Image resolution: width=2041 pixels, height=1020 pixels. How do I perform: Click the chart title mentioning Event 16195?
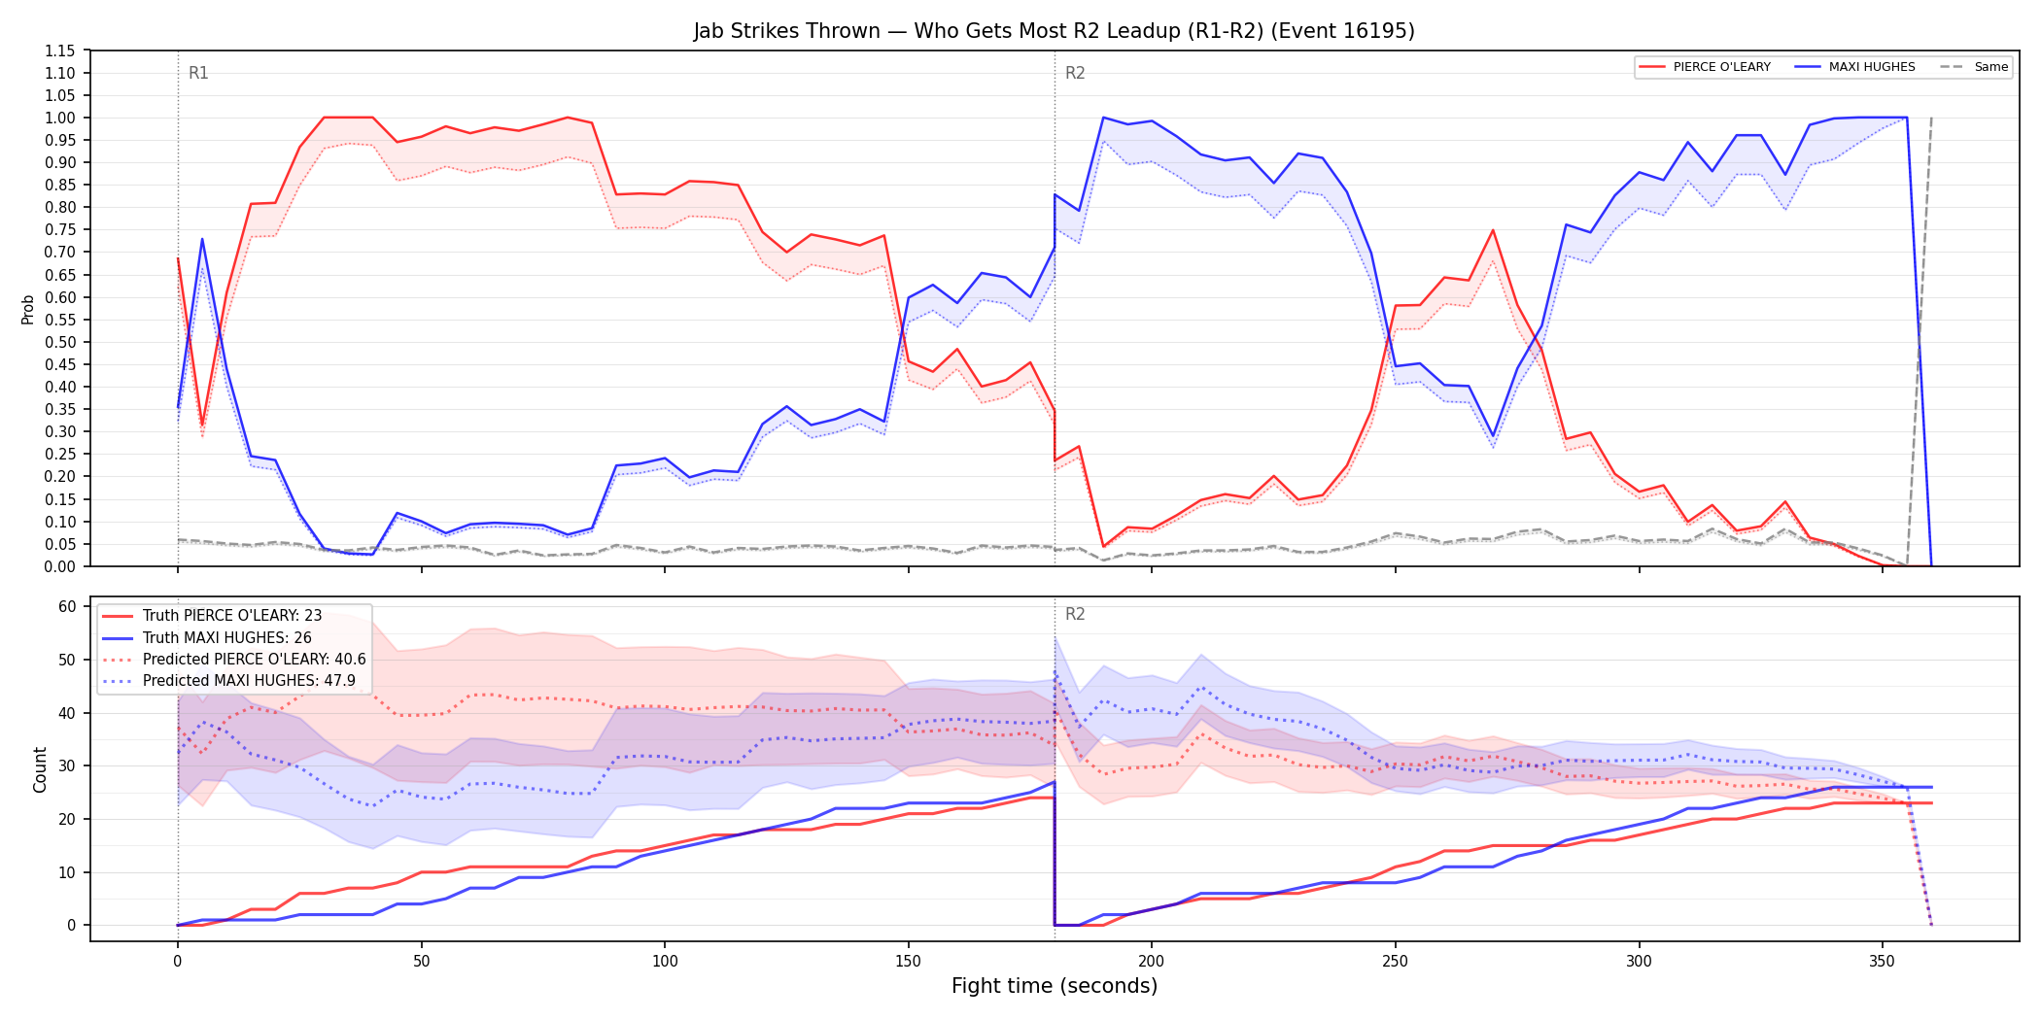click(x=1054, y=31)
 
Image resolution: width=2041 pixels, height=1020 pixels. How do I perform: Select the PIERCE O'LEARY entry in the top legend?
click(x=1705, y=67)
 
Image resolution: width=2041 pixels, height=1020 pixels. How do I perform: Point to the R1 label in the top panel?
click(x=198, y=73)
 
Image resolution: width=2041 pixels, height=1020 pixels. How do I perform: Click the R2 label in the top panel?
click(x=1075, y=73)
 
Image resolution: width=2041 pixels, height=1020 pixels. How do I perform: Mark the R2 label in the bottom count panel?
click(x=1075, y=614)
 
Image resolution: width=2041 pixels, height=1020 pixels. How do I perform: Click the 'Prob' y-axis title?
click(x=28, y=309)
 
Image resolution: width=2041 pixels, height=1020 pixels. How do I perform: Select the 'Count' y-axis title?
click(x=40, y=769)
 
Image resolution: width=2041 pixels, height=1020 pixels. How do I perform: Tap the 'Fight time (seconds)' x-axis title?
click(x=1055, y=986)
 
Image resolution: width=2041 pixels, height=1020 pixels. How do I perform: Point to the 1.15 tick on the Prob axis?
click(x=60, y=51)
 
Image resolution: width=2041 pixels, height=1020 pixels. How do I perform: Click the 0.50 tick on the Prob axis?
click(x=60, y=342)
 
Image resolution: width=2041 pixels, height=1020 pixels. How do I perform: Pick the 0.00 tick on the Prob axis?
click(x=60, y=566)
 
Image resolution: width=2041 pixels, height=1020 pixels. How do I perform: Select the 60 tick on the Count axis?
click(x=67, y=606)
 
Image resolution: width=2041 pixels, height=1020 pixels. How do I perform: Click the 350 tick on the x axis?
click(x=1883, y=961)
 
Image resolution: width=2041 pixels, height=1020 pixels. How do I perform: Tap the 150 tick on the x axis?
click(x=908, y=961)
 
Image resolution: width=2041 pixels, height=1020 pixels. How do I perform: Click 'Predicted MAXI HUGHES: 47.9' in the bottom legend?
click(x=234, y=681)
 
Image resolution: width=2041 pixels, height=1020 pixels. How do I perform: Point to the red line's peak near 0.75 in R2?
click(x=1493, y=230)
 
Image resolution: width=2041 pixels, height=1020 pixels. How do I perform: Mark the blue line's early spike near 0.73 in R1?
click(x=202, y=239)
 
